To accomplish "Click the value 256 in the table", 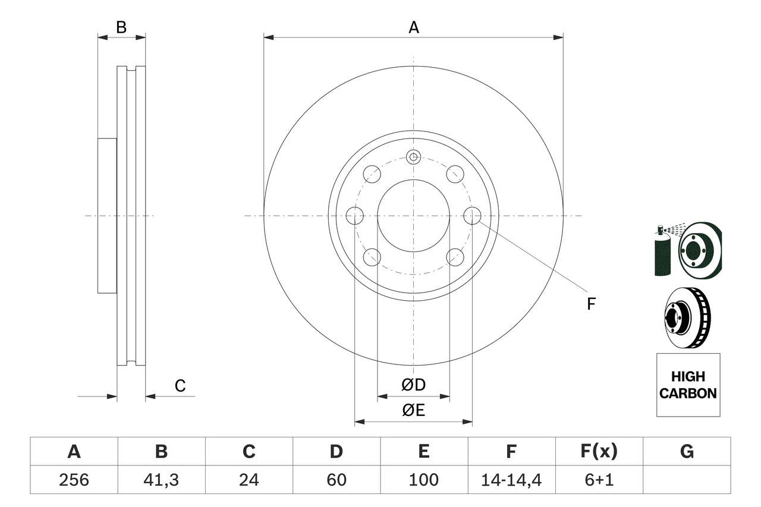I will pos(74,480).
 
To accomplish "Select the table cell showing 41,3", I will pos(161,480).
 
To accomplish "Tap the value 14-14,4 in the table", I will pos(511,480).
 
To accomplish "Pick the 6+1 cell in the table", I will pos(598,480).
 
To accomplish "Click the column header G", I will pos(687,452).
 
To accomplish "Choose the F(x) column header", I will pos(598,452).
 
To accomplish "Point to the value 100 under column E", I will pos(423,480).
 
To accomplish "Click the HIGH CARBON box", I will pos(688,385).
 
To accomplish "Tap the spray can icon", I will pos(662,253).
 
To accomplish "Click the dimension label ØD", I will pos(414,385).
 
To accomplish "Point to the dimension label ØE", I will pos(414,411).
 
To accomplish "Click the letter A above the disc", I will pos(413,27).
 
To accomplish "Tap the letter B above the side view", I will pos(121,27).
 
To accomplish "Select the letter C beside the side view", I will pos(180,386).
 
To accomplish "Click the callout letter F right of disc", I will pos(591,304).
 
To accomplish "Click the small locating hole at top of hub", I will pos(413,157).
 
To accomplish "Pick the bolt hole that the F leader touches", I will pos(472,216).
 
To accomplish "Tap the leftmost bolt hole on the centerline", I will pos(354,216).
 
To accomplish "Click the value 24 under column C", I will pos(249,480).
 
